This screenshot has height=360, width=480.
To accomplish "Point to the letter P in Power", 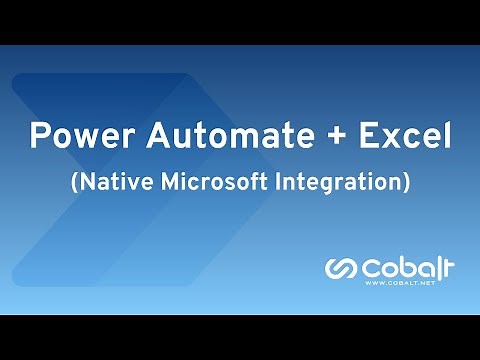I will point(37,136).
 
